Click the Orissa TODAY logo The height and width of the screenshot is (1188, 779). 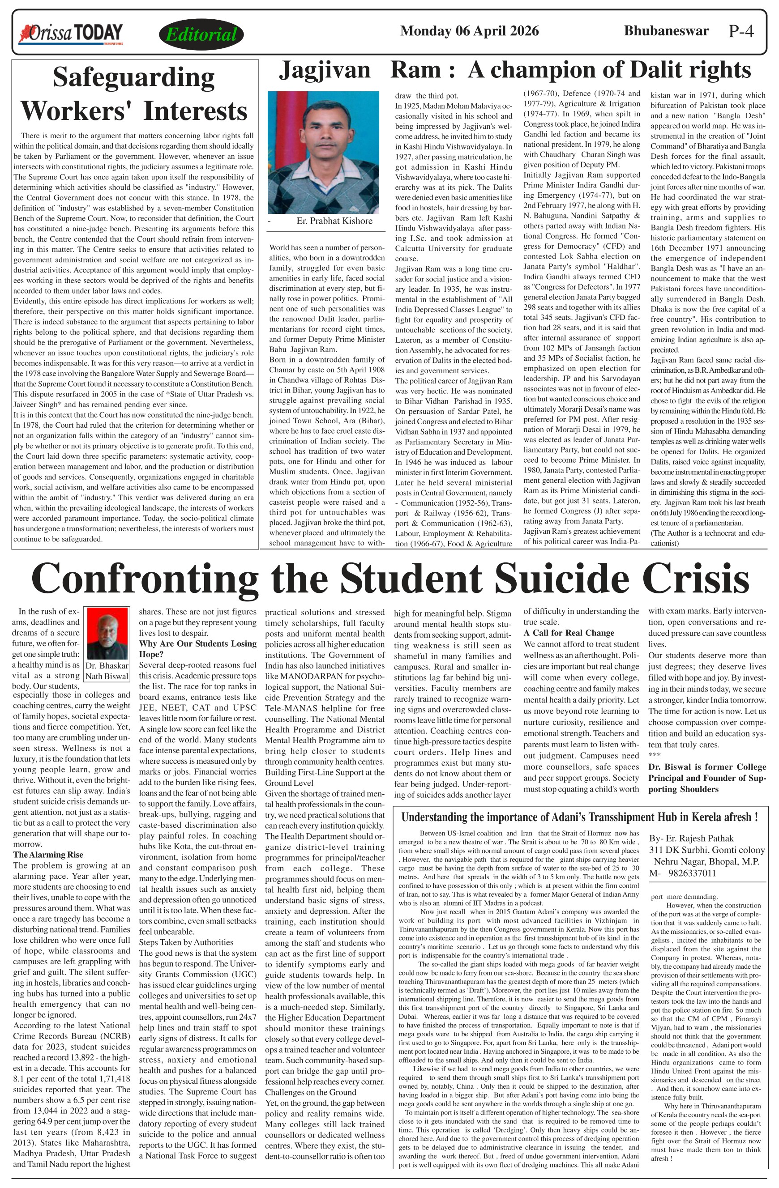tap(70, 34)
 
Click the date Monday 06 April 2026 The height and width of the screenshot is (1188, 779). tap(469, 31)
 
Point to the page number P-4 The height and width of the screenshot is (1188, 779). tap(740, 31)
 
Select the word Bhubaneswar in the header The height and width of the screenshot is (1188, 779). tap(666, 31)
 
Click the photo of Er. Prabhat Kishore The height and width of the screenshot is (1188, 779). tap(323, 152)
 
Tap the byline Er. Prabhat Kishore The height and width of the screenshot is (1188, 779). tap(334, 221)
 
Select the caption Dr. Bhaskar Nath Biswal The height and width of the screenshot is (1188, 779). tap(107, 671)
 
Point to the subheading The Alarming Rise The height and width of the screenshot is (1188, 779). tap(48, 855)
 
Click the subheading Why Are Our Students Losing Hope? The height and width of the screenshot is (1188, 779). tap(197, 649)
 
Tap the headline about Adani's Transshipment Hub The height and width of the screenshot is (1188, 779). tap(580, 818)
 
